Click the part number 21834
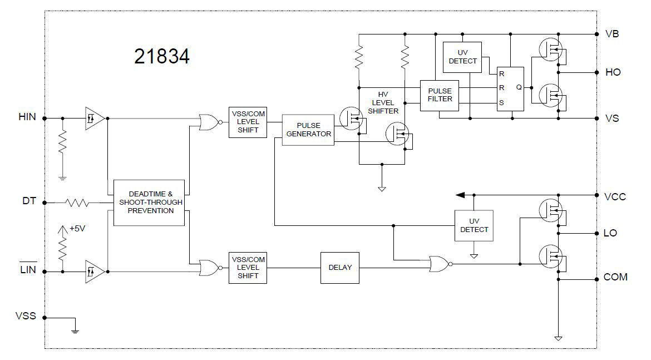coord(161,56)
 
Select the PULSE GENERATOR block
coord(308,130)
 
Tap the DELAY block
coord(340,268)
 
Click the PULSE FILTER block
coord(440,95)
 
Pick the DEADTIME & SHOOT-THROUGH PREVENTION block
coord(149,203)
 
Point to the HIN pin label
coord(27,117)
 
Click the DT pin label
coord(29,201)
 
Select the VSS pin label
coord(26,316)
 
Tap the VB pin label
coord(612,33)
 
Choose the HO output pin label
coord(613,73)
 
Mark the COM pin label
coord(615,277)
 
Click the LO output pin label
coord(610,233)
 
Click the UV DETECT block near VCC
coord(474,225)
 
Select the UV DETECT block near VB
coord(462,57)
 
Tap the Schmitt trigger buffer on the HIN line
coord(93,118)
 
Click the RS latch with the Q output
coord(510,89)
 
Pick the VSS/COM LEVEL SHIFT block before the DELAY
coord(248,268)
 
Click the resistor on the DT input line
coord(76,203)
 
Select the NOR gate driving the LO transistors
coord(439,264)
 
